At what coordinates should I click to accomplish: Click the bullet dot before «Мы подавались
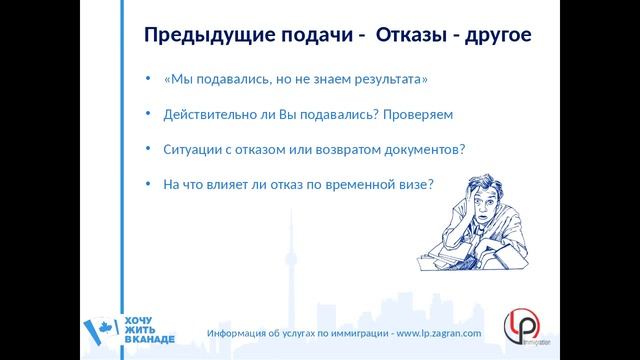pos(147,79)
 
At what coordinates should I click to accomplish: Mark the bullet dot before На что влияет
pos(147,185)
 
